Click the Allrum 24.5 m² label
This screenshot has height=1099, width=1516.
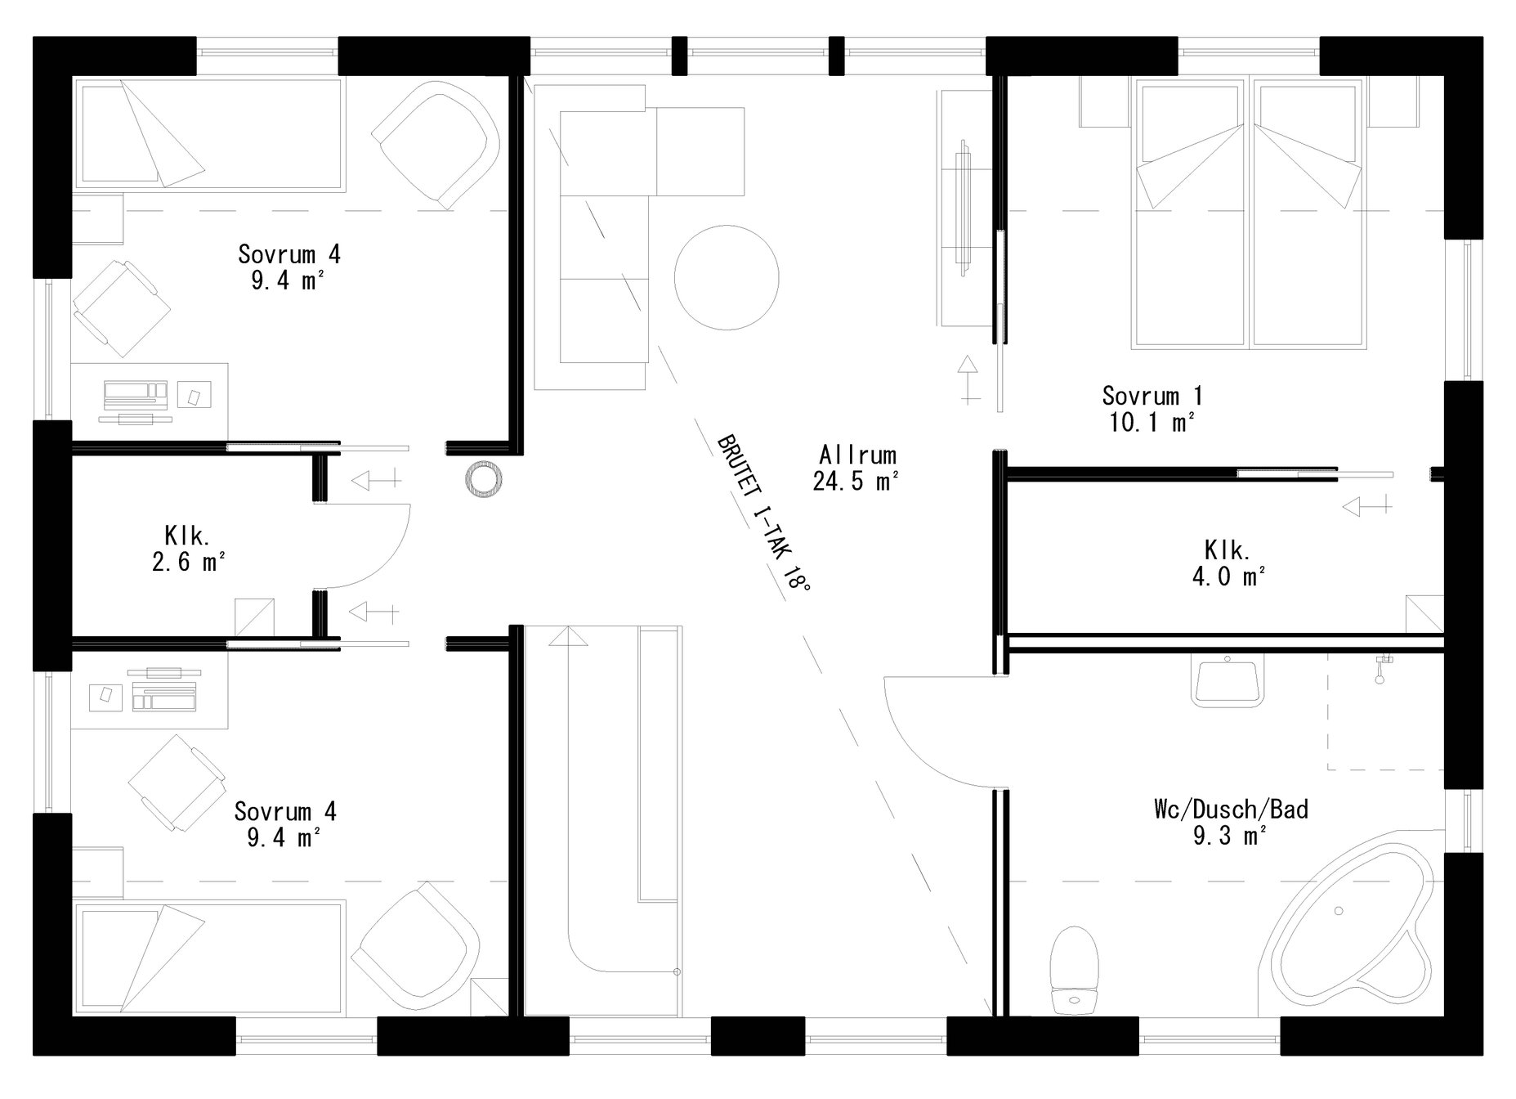[856, 468]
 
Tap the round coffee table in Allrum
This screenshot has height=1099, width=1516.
[726, 278]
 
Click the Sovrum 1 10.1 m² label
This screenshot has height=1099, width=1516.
[1152, 409]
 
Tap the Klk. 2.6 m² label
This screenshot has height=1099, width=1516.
[188, 549]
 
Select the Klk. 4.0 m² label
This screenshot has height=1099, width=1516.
[1228, 563]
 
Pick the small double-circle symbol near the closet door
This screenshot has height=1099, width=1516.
[482, 478]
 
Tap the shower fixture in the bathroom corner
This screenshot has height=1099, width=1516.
[1382, 666]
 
